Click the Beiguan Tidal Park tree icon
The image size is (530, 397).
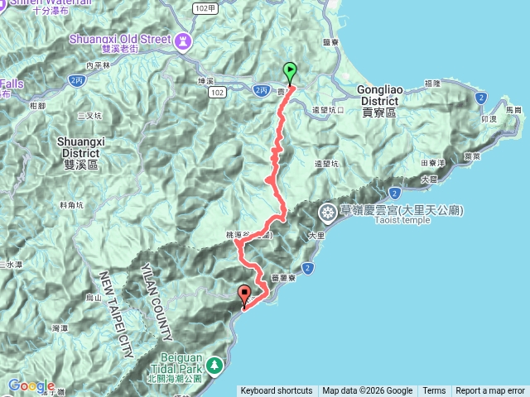click(214, 364)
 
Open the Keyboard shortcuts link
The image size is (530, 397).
click(277, 391)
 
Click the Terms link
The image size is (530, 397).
click(434, 391)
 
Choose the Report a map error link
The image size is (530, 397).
click(489, 391)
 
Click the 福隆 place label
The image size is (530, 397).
click(431, 83)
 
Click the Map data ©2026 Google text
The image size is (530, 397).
click(368, 391)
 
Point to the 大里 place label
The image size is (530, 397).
click(315, 237)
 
